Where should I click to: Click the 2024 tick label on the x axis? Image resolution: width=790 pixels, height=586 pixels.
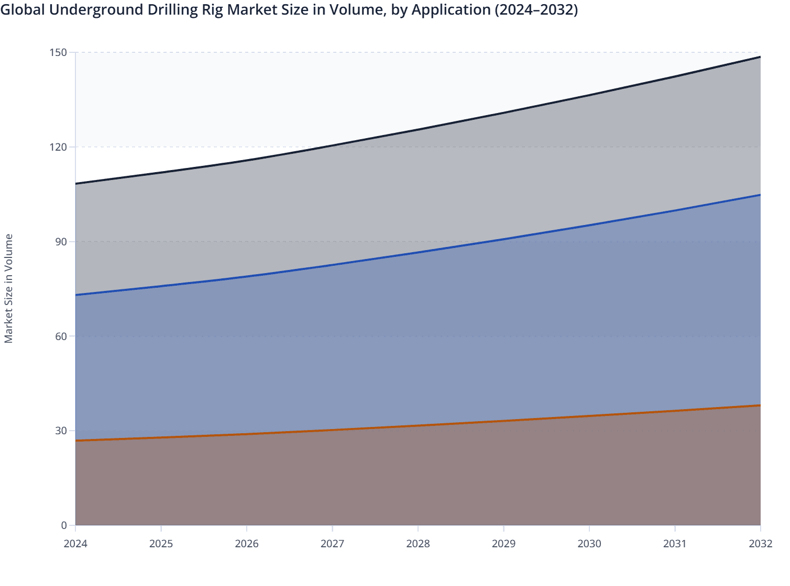(x=75, y=544)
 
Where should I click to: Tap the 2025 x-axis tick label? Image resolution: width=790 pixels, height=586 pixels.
(x=161, y=544)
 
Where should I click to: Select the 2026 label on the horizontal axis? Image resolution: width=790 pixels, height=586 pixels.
(x=247, y=544)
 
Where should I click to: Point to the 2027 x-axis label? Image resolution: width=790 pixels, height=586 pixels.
(x=332, y=544)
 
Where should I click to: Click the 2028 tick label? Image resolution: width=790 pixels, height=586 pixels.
(x=418, y=544)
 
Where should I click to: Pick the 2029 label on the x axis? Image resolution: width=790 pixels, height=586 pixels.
(x=503, y=544)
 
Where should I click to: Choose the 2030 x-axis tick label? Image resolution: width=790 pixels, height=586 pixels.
(x=589, y=544)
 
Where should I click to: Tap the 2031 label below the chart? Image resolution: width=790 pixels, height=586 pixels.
(x=675, y=544)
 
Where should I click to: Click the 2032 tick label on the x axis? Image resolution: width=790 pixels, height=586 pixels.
(x=761, y=544)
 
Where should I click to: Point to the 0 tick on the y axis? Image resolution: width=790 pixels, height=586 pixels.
(x=64, y=525)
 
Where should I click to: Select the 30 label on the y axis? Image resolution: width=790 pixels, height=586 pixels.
(x=61, y=431)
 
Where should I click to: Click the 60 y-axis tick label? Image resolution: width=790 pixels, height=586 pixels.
(x=61, y=336)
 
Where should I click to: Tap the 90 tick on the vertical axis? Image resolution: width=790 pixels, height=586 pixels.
(x=61, y=241)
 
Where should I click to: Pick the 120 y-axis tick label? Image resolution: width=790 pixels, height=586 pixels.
(x=59, y=147)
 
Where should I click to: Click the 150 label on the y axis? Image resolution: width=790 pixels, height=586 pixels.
(x=59, y=52)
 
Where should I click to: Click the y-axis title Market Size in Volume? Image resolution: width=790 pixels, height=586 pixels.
(x=8, y=288)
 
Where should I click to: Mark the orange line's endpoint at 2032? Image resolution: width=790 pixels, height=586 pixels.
(x=760, y=405)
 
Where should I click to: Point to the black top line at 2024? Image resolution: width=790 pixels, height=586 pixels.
(x=76, y=184)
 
